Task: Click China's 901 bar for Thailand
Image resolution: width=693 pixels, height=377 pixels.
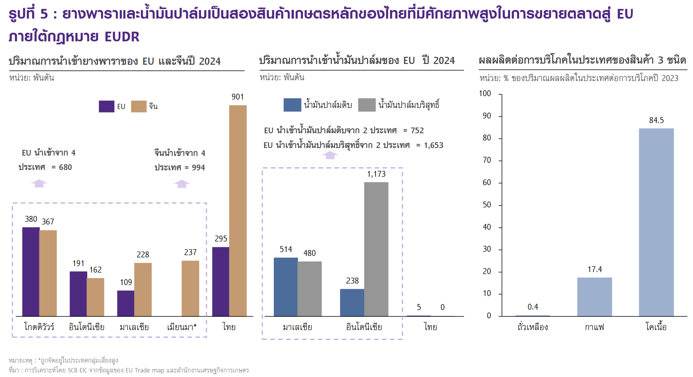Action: pyautogui.click(x=238, y=210)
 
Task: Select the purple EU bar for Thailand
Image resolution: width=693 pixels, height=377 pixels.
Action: pyautogui.click(x=221, y=282)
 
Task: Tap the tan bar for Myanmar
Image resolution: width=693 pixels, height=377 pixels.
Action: pyautogui.click(x=190, y=288)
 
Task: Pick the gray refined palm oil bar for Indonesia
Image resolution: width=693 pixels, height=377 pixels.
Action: pyautogui.click(x=376, y=249)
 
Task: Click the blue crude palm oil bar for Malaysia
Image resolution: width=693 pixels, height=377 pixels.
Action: pyautogui.click(x=286, y=287)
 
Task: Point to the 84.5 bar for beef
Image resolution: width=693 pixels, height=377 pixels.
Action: pyautogui.click(x=656, y=222)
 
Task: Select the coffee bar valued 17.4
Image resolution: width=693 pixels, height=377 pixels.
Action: pyautogui.click(x=595, y=297)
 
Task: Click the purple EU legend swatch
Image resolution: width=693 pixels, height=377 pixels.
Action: pyautogui.click(x=106, y=106)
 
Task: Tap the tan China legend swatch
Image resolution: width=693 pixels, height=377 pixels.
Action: pyautogui.click(x=139, y=106)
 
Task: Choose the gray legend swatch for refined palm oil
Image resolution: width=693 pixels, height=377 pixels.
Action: pyautogui.click(x=367, y=105)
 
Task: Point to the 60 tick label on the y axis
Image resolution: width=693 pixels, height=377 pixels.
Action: pyautogui.click(x=487, y=182)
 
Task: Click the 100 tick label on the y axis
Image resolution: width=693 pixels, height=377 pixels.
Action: pyautogui.click(x=485, y=93)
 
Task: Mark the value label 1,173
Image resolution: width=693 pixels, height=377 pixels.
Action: pyautogui.click(x=376, y=174)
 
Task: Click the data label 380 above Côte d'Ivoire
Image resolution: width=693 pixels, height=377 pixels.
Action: pyautogui.click(x=31, y=219)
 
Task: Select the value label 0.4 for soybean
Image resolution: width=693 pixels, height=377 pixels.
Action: pyautogui.click(x=533, y=307)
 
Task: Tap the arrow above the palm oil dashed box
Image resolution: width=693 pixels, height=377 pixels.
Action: pyautogui.click(x=330, y=155)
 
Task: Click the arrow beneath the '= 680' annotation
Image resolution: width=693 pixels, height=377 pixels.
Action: pyautogui.click(x=39, y=184)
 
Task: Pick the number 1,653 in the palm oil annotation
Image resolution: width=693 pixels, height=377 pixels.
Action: pyautogui.click(x=434, y=145)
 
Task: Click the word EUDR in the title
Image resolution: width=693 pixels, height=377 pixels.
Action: pyautogui.click(x=122, y=37)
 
